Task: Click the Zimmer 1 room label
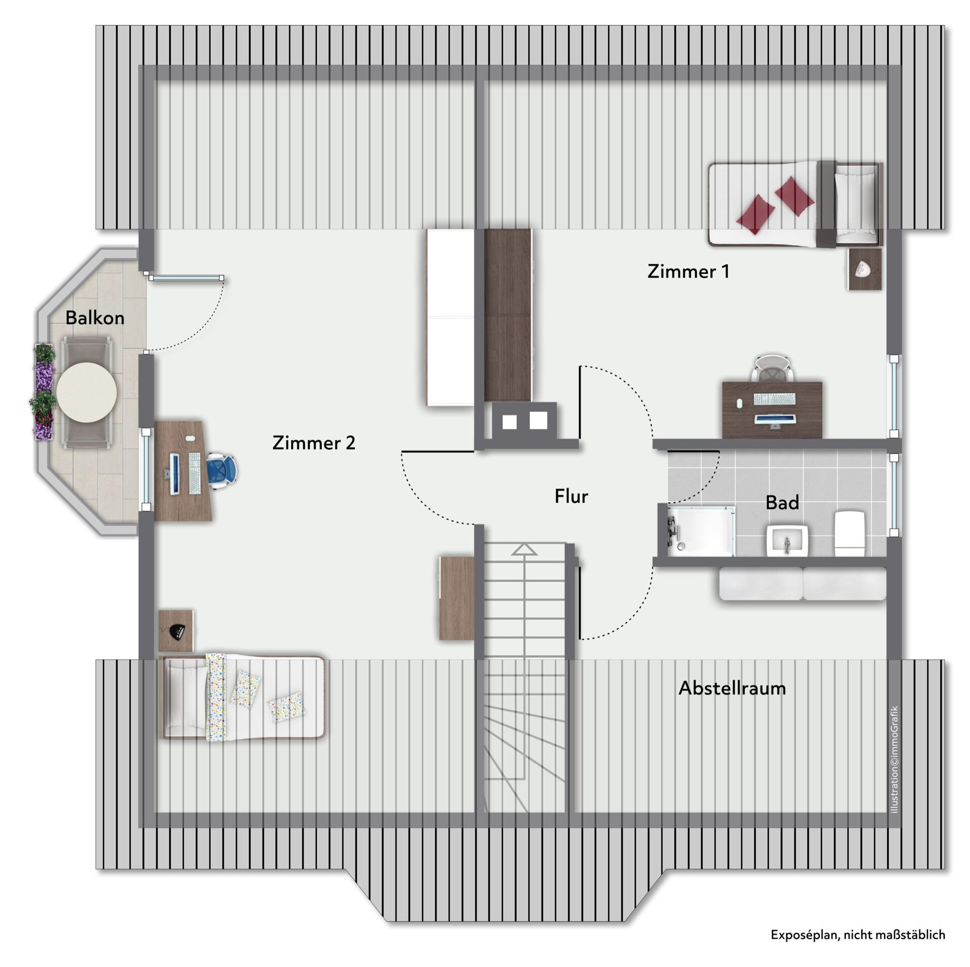click(688, 272)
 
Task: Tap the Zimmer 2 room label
click(314, 443)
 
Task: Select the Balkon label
click(94, 318)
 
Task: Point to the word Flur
click(571, 497)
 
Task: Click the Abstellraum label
click(732, 688)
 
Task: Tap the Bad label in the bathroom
click(782, 503)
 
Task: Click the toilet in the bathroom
click(851, 533)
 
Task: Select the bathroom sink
click(788, 541)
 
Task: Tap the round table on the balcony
click(86, 393)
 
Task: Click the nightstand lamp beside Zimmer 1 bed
click(864, 269)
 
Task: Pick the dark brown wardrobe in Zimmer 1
click(508, 316)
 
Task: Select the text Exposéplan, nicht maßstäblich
click(858, 935)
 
